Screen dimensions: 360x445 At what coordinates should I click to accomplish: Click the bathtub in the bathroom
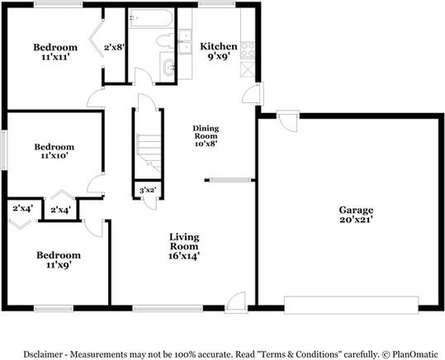pos(150,19)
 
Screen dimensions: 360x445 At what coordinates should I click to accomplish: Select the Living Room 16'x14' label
pos(184,246)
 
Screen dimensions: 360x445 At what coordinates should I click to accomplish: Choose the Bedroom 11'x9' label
pos(57,260)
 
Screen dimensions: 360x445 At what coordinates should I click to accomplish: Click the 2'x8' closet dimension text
pos(114,48)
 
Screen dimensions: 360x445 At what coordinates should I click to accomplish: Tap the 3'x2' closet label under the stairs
pos(147,192)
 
